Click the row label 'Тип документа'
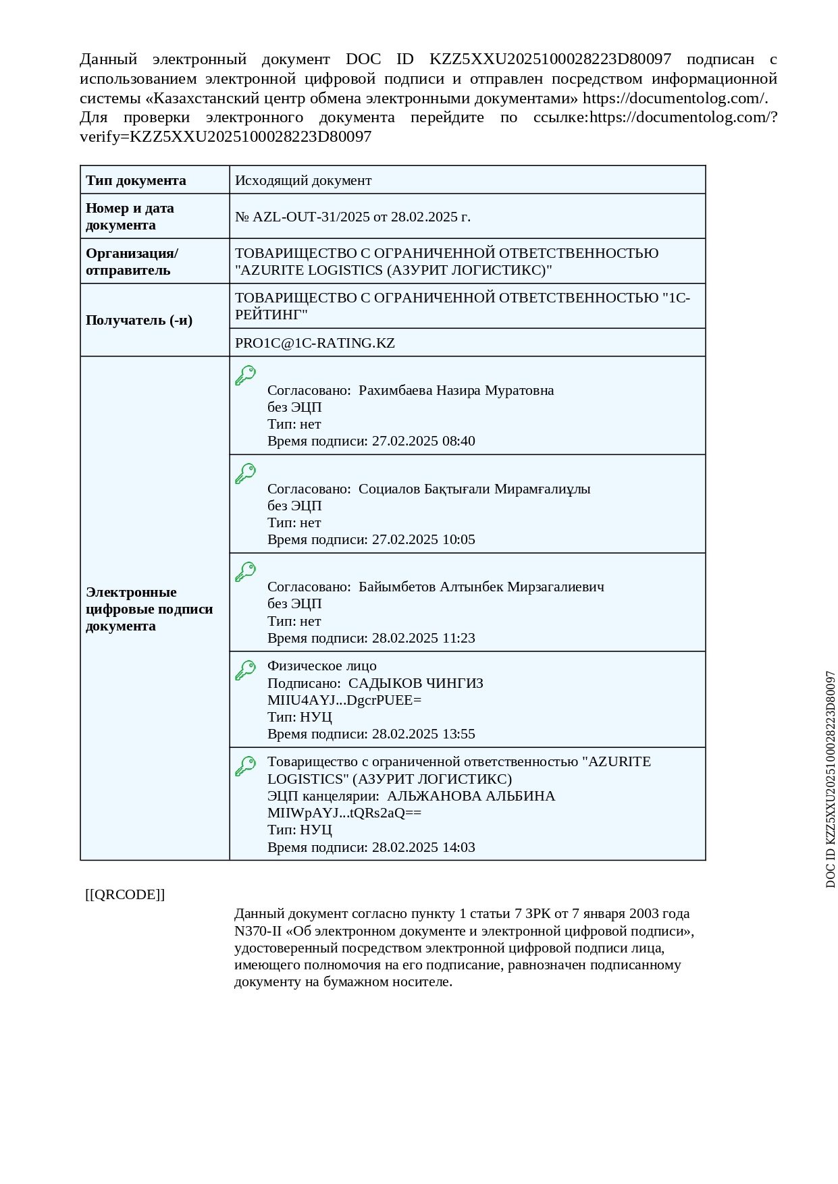tap(136, 180)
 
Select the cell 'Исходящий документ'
tap(303, 180)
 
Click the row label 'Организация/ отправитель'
tap(132, 261)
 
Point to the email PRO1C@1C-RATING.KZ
tap(315, 343)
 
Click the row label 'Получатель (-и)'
tap(139, 320)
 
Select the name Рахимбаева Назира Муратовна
tap(456, 390)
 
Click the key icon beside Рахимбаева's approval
tap(245, 375)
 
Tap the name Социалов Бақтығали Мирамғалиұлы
tap(474, 489)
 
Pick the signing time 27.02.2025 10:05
tap(423, 539)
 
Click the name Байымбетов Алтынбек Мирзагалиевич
tap(481, 587)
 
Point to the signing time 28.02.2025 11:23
tap(423, 638)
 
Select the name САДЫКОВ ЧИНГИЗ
tap(415, 683)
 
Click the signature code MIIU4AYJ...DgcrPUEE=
tap(344, 700)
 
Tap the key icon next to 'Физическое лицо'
tap(245, 670)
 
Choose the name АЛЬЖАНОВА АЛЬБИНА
tap(471, 796)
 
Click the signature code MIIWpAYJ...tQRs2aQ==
tap(344, 813)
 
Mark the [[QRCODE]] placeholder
tap(125, 894)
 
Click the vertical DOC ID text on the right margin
tap(830, 779)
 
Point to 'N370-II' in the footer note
tap(257, 931)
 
